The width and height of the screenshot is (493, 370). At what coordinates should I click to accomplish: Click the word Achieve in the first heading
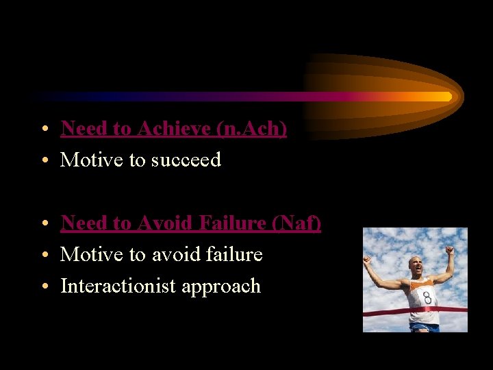(x=175, y=128)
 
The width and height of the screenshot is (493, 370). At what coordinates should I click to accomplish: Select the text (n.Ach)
(x=251, y=128)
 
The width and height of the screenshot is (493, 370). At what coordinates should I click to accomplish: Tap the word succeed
(x=186, y=160)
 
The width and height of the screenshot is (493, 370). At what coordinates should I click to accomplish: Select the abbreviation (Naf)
(x=296, y=223)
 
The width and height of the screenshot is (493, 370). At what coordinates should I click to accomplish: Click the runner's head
(x=416, y=266)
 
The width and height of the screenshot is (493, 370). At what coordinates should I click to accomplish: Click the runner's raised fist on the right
(x=449, y=250)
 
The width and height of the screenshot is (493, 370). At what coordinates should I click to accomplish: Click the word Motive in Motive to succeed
(x=85, y=160)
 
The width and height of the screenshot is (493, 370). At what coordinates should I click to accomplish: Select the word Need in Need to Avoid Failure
(x=80, y=223)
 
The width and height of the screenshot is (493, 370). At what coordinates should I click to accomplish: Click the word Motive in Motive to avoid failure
(x=85, y=254)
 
